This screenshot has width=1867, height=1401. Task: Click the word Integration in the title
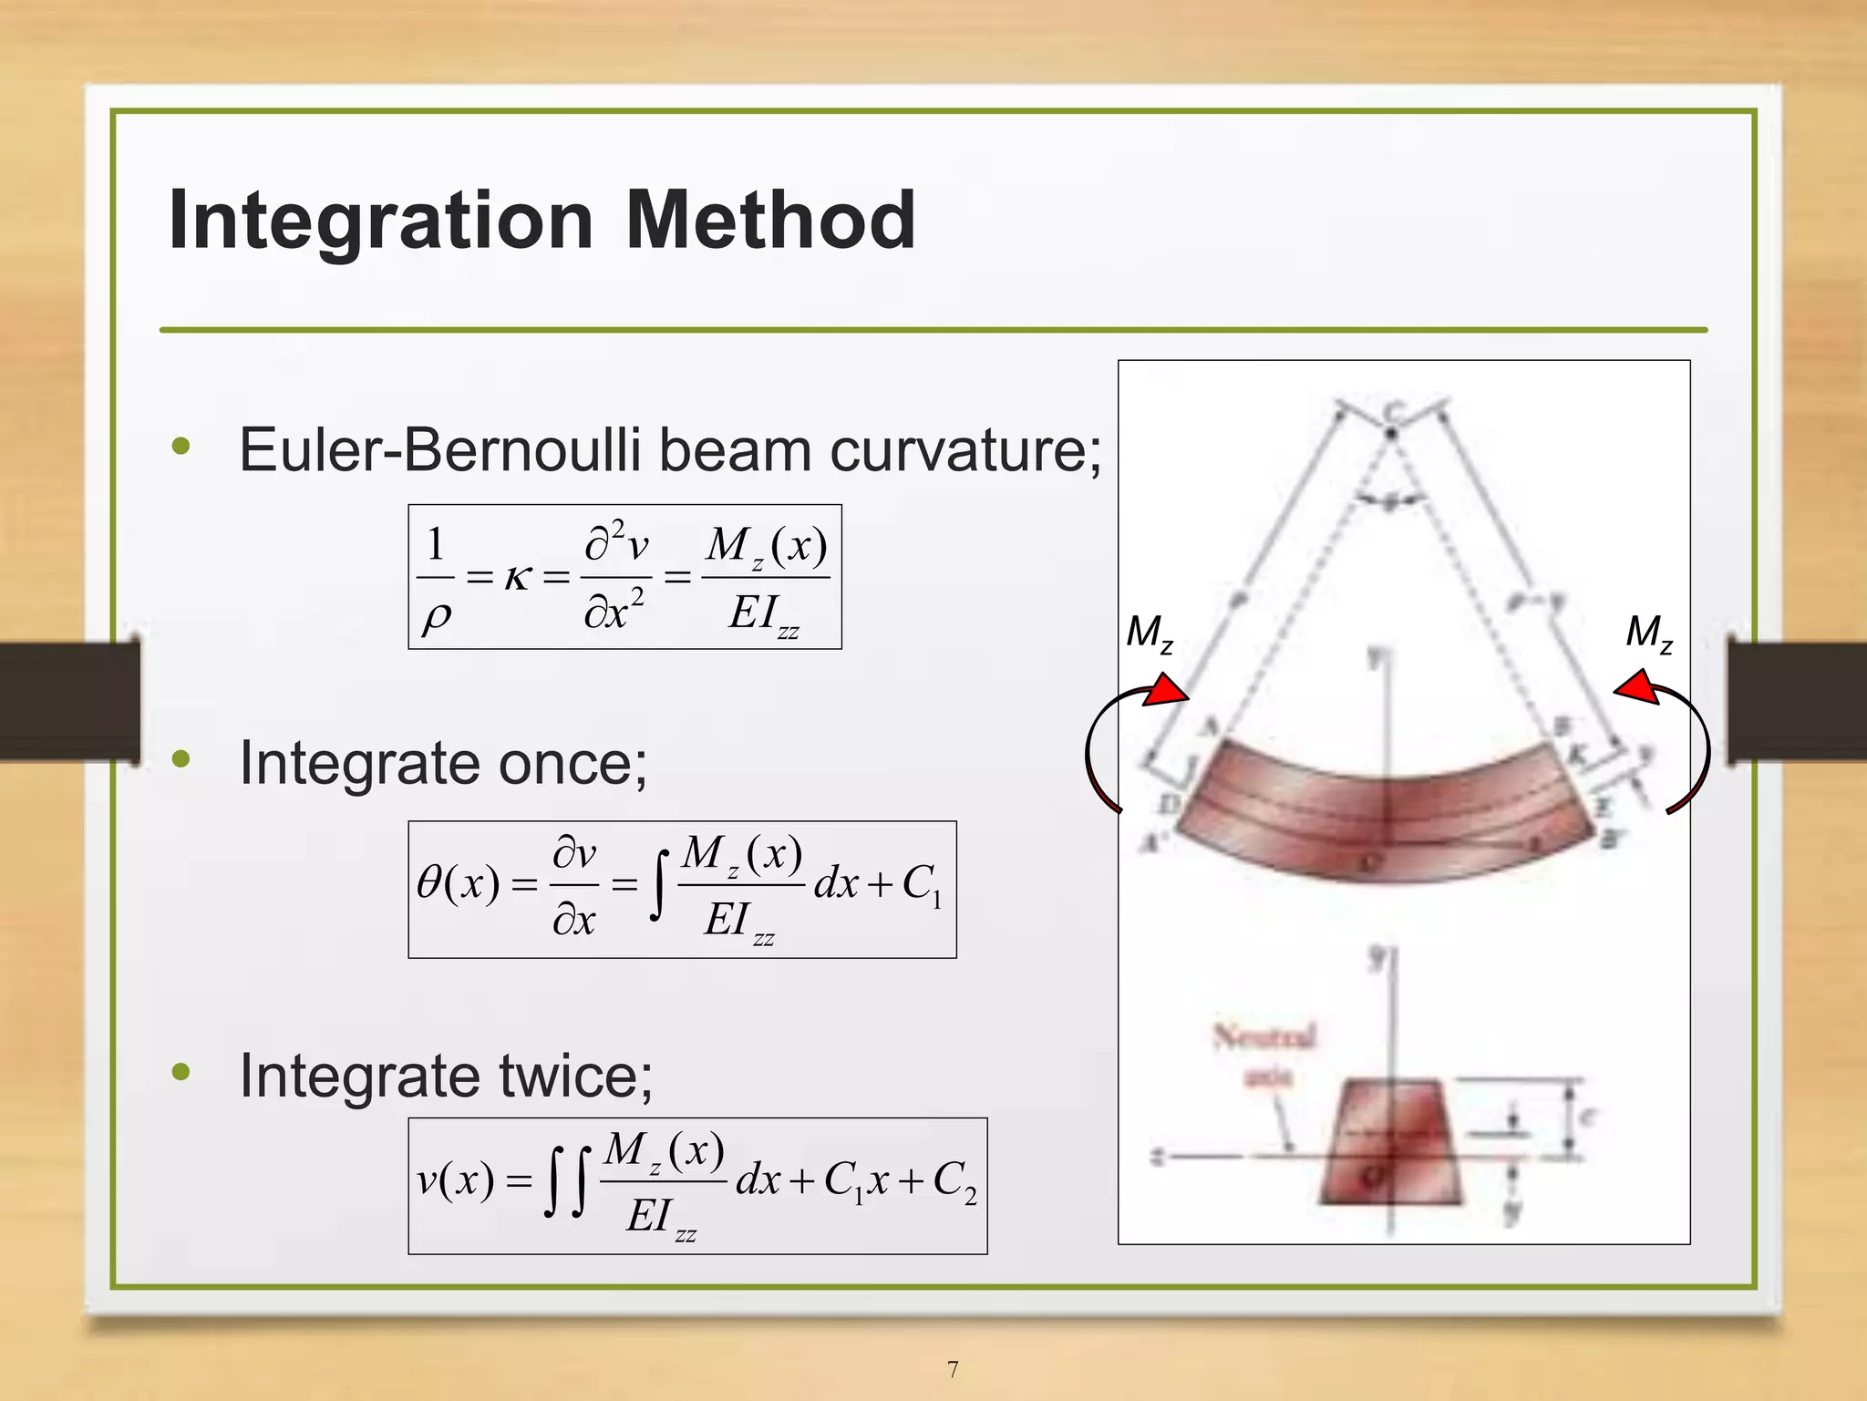click(x=380, y=221)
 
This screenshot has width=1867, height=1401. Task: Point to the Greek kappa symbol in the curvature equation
click(x=518, y=577)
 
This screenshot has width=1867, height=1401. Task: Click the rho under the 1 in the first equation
click(x=436, y=617)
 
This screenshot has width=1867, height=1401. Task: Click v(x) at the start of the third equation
click(x=455, y=1181)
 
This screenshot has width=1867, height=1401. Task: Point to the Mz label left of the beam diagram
click(x=1149, y=633)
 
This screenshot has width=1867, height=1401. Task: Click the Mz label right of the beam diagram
click(x=1649, y=633)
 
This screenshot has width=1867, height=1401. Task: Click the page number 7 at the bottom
click(x=953, y=1369)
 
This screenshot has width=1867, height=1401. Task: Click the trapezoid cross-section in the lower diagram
click(x=1389, y=1143)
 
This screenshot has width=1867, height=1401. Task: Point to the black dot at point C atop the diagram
click(x=1391, y=434)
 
